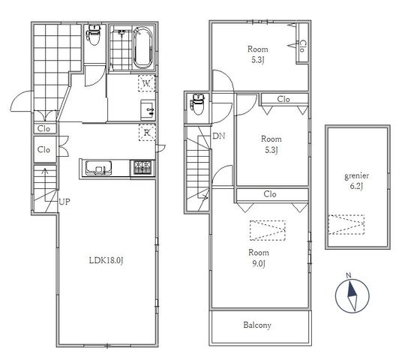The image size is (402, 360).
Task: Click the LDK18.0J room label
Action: point(106,260)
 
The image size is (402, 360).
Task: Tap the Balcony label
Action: point(257,325)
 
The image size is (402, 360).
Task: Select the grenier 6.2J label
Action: point(356,181)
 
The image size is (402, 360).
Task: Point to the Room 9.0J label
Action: point(259,258)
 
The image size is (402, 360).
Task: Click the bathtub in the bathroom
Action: point(142,48)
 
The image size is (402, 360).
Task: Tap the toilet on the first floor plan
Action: point(94,34)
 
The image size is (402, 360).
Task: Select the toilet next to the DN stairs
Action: point(198,104)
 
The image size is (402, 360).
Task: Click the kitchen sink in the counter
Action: point(98,168)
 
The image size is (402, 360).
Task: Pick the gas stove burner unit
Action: point(142,167)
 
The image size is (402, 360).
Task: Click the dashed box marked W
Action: point(147,83)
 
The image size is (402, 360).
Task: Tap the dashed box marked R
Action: point(147,132)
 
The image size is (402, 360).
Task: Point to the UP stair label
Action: point(64,202)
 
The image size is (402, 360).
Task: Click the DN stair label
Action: point(219,136)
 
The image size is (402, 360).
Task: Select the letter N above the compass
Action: point(349,276)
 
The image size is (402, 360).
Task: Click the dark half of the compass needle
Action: point(351,289)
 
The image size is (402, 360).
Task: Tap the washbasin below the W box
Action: point(148,110)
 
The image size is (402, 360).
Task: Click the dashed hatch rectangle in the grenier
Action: point(346,224)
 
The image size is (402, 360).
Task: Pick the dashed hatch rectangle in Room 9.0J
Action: point(268,230)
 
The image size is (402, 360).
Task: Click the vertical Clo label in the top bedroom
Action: point(302,46)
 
